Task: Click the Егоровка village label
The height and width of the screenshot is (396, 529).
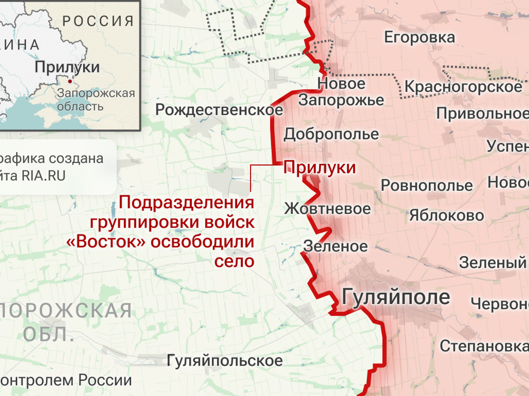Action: tap(419, 37)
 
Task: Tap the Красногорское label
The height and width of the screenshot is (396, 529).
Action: tap(463, 86)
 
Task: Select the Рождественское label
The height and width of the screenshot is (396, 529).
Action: tap(219, 109)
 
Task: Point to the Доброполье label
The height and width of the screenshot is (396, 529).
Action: tap(331, 134)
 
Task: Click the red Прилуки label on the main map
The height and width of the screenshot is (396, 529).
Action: tap(319, 168)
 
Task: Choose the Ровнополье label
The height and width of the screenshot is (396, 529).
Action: tap(427, 185)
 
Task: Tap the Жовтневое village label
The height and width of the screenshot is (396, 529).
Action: tap(327, 208)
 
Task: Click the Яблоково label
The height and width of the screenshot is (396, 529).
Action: tap(447, 216)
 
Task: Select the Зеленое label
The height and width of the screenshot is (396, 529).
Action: tap(335, 246)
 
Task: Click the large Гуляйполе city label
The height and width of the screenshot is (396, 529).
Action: tap(396, 297)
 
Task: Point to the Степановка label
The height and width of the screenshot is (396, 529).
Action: tap(484, 346)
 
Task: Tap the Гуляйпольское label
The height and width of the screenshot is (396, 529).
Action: tap(225, 361)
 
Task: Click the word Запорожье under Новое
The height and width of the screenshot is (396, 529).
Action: tap(341, 100)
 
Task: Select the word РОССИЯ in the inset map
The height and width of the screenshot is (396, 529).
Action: tap(98, 20)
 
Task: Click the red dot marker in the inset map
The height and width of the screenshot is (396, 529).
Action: tap(70, 81)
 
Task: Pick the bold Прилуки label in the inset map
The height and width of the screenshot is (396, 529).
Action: tap(67, 67)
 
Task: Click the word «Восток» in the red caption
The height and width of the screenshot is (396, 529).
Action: tap(106, 242)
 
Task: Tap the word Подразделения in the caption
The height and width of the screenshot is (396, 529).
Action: tap(186, 203)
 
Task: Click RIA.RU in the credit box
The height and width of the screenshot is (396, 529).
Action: tap(43, 176)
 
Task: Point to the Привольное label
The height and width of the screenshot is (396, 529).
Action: tap(482, 114)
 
